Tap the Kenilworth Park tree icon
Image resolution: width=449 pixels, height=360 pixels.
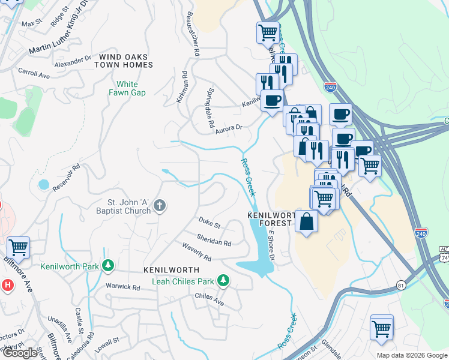click(x=108, y=265)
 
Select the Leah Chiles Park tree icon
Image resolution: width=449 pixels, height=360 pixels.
click(x=223, y=280)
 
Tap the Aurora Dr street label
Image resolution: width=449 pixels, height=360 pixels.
click(x=229, y=127)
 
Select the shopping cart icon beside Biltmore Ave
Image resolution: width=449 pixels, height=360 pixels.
click(x=18, y=247)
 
